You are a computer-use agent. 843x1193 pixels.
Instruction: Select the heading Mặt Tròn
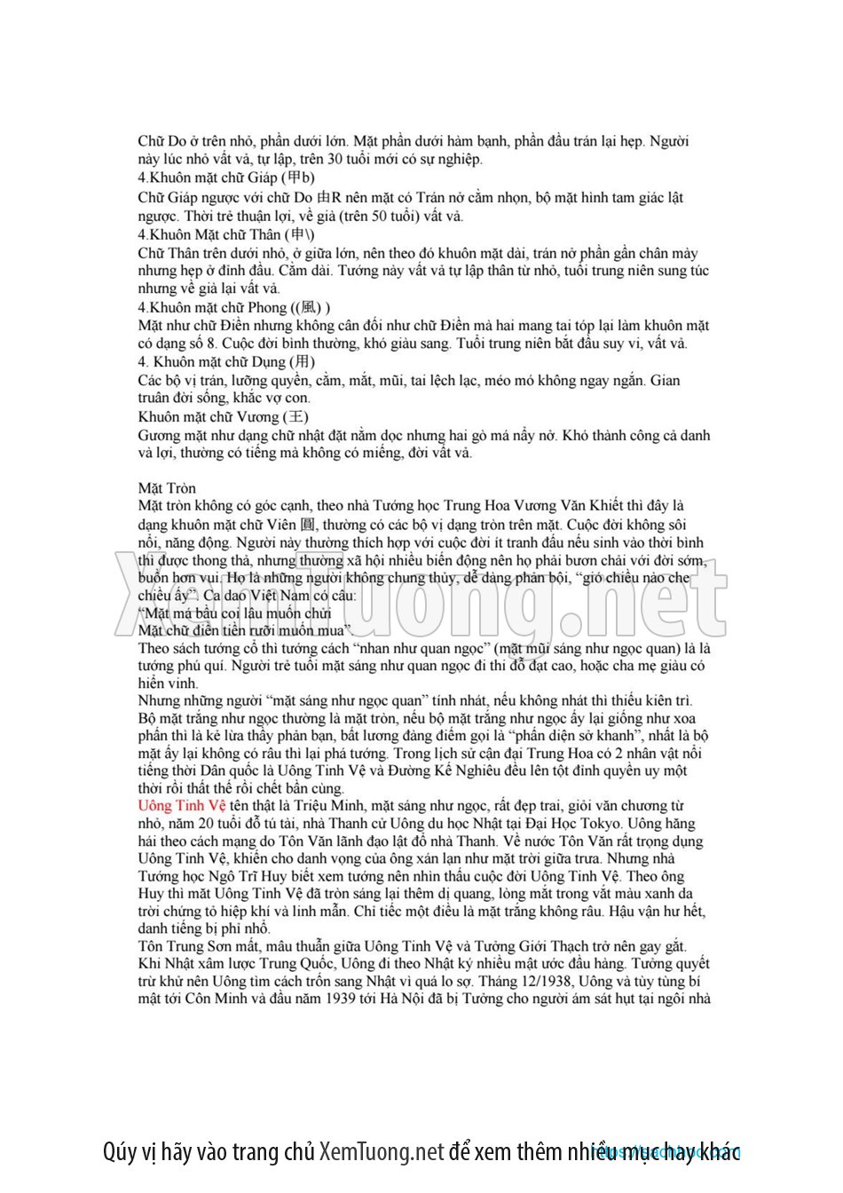coord(167,488)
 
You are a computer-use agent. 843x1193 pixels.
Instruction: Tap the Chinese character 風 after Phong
coord(310,307)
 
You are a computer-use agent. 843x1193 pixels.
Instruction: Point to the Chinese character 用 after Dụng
coord(303,362)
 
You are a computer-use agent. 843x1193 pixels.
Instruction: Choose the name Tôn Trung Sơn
coord(180,946)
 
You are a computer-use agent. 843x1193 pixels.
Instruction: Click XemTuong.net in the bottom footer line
coord(381,1152)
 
